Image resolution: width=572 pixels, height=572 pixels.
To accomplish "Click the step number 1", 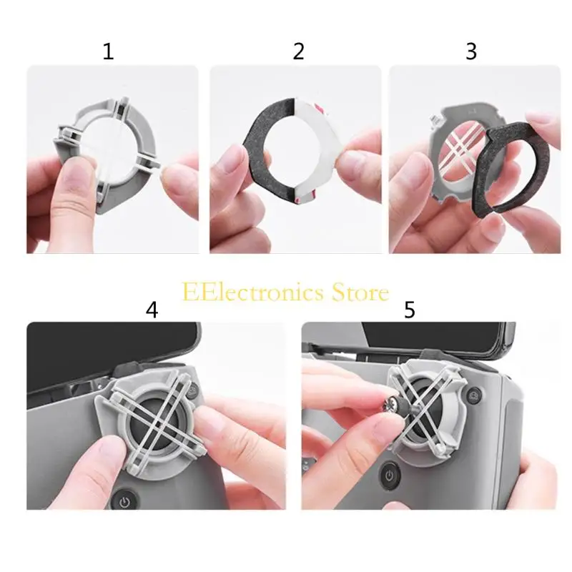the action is click(x=109, y=51).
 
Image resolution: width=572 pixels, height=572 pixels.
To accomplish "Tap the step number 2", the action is click(x=298, y=51).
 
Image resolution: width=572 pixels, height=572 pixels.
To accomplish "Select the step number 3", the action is click(x=471, y=51).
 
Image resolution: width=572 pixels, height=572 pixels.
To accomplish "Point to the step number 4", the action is click(x=152, y=310).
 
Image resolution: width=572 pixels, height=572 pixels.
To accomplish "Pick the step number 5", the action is click(x=409, y=310).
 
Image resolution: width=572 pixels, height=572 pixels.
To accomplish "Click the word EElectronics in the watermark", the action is click(x=253, y=292).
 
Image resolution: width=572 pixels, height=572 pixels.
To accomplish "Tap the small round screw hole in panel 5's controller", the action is click(x=474, y=395).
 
